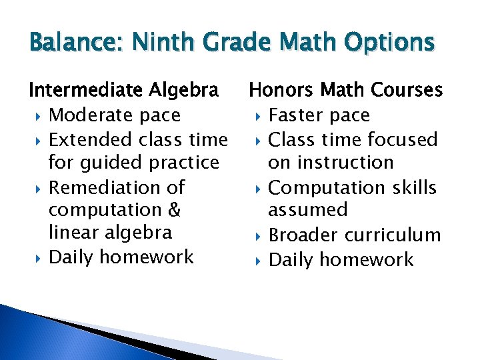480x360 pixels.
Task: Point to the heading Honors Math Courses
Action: [345, 89]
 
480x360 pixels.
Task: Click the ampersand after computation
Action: [175, 210]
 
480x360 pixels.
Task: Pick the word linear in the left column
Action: [69, 233]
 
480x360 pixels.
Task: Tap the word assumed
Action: [307, 210]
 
